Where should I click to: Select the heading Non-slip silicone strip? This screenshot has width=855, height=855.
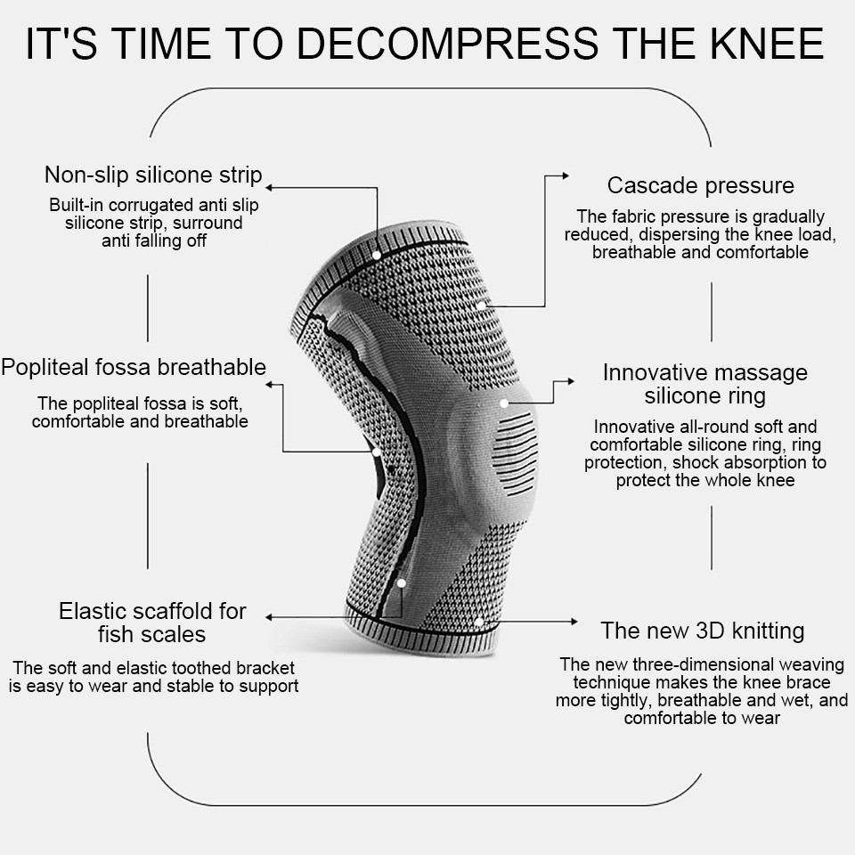pyautogui.click(x=153, y=174)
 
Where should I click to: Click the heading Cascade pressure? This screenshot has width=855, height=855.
pyautogui.click(x=700, y=186)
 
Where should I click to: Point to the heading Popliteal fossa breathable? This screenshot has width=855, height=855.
pyautogui.click(x=134, y=367)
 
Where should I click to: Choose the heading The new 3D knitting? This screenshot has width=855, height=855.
pyautogui.click(x=702, y=631)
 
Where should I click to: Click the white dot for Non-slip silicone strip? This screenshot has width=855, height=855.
pyautogui.click(x=377, y=255)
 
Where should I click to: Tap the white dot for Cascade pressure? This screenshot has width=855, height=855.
pyautogui.click(x=481, y=305)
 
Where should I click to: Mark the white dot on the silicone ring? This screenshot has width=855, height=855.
pyautogui.click(x=504, y=403)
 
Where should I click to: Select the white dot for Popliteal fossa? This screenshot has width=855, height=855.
pyautogui.click(x=377, y=452)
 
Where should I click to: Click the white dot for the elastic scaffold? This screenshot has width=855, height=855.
pyautogui.click(x=402, y=583)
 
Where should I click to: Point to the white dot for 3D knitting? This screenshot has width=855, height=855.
pyautogui.click(x=479, y=621)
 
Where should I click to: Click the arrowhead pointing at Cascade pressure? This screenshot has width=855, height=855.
pyautogui.click(x=565, y=176)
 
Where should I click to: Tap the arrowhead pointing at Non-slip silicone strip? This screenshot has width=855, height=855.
pyautogui.click(x=270, y=188)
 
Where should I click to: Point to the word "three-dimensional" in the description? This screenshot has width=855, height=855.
pyautogui.click(x=689, y=664)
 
